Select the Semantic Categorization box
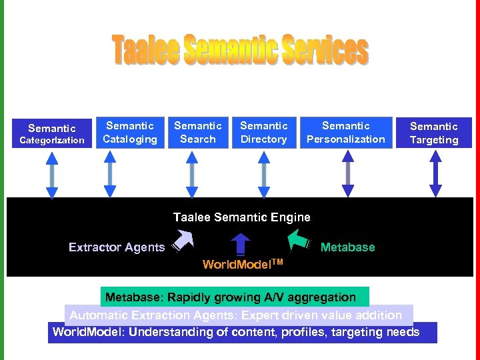pos(52,134)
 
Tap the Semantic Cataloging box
pos(130,132)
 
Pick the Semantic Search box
pos(198,132)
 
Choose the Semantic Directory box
pos(264,132)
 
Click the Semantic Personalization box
pos(346,132)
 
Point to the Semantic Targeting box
pos(434,133)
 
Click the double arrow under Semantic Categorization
pos(52,175)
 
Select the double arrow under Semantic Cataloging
pos(111,175)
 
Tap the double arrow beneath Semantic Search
pos(193,175)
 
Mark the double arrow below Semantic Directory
pos(265,175)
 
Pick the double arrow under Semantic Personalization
pos(347,175)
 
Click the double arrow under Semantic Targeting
pos(435,175)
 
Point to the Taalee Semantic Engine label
pos(241,217)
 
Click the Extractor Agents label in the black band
pos(117,247)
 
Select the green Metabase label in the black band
pos(347,247)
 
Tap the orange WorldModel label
pos(243,264)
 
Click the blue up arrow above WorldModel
pos(241,244)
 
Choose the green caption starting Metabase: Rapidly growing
pos(234,297)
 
